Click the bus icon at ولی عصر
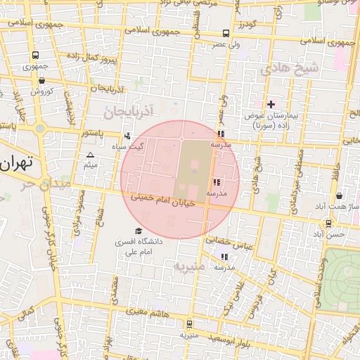(226, 33)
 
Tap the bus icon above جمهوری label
(35, 56)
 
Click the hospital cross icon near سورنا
(271, 104)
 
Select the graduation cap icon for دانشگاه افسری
(139, 231)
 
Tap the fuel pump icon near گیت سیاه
(127, 136)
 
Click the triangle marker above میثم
(90, 155)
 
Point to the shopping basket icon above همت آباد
(340, 196)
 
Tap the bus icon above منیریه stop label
(189, 324)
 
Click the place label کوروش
(41, 91)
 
